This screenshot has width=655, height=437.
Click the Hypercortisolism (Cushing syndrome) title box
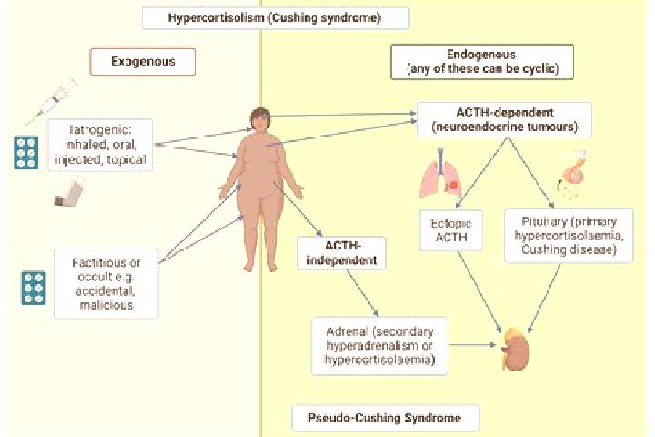click(x=276, y=18)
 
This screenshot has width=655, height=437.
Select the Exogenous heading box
click(x=143, y=62)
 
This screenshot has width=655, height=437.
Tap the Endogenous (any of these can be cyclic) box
click(x=482, y=62)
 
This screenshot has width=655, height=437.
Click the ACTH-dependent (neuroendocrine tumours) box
click(x=505, y=119)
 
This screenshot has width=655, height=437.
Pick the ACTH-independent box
click(x=342, y=253)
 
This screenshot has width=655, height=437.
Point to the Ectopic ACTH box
click(x=451, y=230)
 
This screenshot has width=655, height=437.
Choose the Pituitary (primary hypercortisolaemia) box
click(x=569, y=236)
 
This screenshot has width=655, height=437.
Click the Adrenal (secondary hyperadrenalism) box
click(x=379, y=346)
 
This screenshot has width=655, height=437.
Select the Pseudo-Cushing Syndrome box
click(x=386, y=418)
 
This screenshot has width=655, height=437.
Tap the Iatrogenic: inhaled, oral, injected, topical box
click(x=100, y=145)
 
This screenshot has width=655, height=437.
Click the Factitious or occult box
click(x=106, y=284)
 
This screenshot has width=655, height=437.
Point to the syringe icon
click(x=52, y=102)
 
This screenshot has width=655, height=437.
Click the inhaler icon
click(x=69, y=193)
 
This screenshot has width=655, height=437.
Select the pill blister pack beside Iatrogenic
click(x=25, y=153)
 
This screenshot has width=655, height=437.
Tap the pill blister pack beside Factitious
click(x=34, y=288)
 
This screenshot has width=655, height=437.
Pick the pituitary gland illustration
click(x=573, y=175)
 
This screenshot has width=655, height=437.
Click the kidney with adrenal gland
click(x=516, y=350)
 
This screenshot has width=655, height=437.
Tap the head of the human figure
click(x=260, y=119)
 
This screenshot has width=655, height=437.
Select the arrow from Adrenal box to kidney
click(x=472, y=345)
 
